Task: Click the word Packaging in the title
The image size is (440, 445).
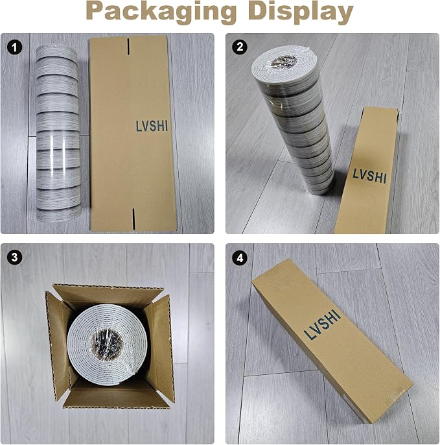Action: (x=161, y=12)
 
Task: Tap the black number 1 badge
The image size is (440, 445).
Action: (x=14, y=47)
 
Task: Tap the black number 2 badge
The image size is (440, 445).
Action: (x=240, y=47)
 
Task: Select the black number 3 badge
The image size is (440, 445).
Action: (x=14, y=258)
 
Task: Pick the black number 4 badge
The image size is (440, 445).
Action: (x=240, y=258)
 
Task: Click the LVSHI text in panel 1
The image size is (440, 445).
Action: (x=152, y=126)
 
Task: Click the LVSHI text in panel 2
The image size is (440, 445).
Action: (x=369, y=176)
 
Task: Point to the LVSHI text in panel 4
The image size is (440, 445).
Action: (x=322, y=324)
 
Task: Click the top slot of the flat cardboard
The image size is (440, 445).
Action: (x=128, y=47)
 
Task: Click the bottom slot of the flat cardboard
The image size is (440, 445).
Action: (x=133, y=219)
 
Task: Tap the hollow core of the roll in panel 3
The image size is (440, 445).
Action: (x=108, y=344)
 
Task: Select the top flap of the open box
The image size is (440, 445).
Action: (x=108, y=295)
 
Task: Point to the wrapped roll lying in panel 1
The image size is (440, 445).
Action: (x=58, y=134)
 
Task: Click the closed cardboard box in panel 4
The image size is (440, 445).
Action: (x=332, y=341)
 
